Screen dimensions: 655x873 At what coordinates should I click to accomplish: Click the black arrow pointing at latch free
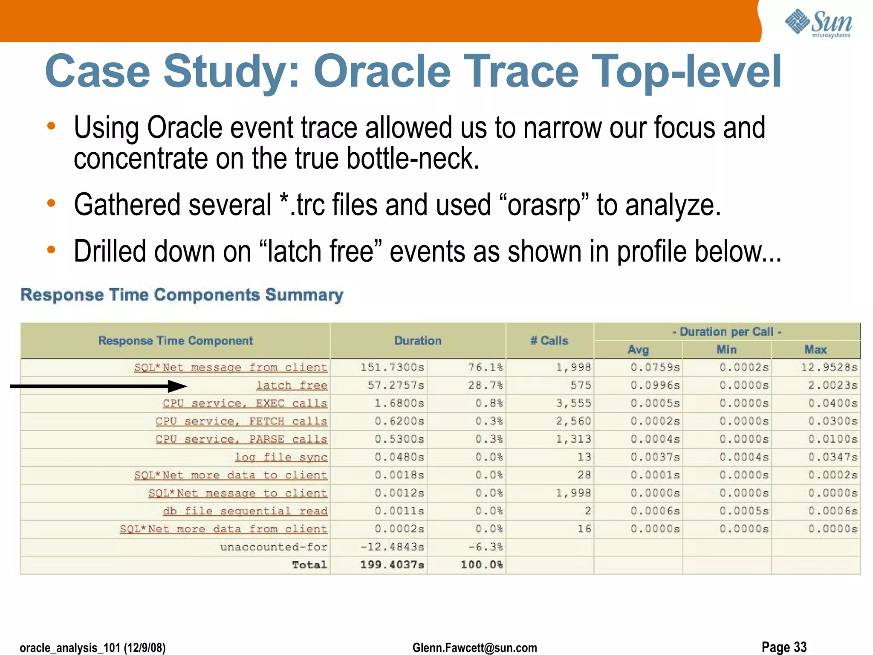click(x=98, y=386)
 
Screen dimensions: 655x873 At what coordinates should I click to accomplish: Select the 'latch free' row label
click(x=292, y=385)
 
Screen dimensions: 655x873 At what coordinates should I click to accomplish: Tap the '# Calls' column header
click(x=549, y=341)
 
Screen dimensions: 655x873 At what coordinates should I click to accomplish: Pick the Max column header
click(x=815, y=350)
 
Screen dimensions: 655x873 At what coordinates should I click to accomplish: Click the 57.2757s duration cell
click(x=396, y=385)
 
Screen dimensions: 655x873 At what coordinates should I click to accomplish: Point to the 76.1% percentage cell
click(x=486, y=367)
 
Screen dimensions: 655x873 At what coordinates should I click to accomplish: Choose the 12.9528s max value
click(x=829, y=367)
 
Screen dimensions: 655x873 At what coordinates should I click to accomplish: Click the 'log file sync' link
click(x=281, y=457)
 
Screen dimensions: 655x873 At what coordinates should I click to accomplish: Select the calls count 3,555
click(x=573, y=403)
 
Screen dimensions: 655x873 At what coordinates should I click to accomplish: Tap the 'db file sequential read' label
click(x=245, y=511)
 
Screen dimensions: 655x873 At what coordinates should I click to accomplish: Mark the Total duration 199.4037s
click(x=392, y=565)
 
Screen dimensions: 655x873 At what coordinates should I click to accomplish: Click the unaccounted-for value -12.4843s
click(x=392, y=547)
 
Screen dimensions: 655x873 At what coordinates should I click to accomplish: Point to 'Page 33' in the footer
click(x=784, y=647)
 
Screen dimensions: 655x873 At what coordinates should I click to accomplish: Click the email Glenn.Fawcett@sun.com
click(x=474, y=648)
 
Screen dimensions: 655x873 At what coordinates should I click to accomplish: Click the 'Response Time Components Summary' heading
click(x=182, y=295)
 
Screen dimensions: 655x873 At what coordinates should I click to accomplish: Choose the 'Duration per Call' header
click(x=727, y=332)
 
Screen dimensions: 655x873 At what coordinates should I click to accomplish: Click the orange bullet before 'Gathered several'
click(x=51, y=203)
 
